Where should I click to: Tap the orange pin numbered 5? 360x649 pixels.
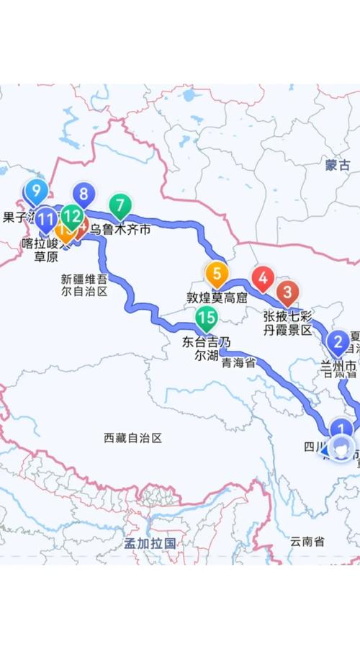(216, 274)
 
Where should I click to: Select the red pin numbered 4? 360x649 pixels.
(263, 277)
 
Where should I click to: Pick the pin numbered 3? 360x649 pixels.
(288, 292)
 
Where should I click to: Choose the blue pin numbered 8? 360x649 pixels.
(84, 194)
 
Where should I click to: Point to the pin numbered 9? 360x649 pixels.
(35, 192)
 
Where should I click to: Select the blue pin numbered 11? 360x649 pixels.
(45, 218)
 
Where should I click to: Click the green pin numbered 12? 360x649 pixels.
(71, 215)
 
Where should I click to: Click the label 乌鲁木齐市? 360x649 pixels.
(120, 230)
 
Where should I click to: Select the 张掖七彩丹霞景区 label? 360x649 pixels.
(287, 323)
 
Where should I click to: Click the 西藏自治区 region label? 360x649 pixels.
(133, 437)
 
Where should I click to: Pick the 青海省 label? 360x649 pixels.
(239, 363)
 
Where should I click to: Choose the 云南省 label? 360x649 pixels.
(307, 540)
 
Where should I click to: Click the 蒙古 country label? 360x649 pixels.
(337, 165)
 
